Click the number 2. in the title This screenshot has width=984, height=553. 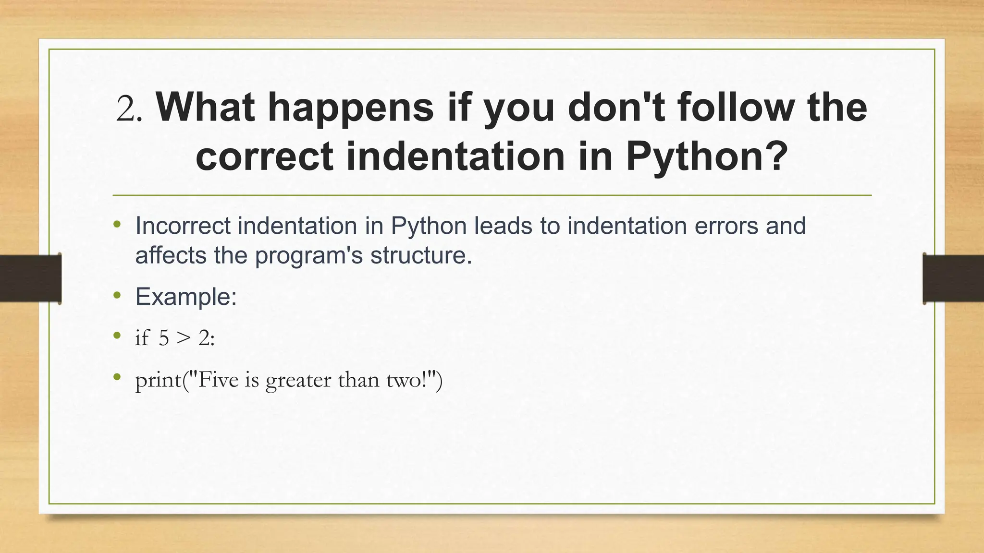[129, 108]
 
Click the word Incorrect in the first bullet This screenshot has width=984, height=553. [183, 226]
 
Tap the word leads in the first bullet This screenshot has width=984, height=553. [503, 226]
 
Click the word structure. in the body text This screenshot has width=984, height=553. [421, 255]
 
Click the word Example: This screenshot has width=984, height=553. [186, 297]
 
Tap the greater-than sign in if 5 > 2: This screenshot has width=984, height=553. [183, 338]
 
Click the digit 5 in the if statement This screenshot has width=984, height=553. [164, 338]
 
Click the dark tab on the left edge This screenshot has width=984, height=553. [30, 278]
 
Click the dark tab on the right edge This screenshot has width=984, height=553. [953, 278]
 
